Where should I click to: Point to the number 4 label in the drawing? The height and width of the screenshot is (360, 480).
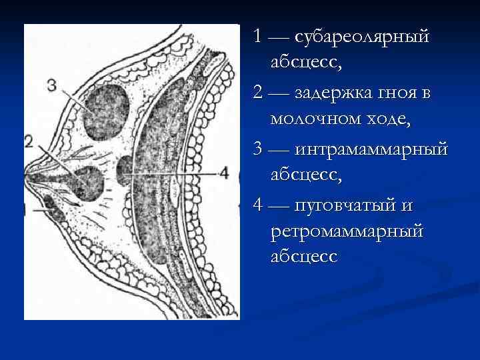224,173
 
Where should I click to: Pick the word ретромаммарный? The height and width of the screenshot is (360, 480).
347,231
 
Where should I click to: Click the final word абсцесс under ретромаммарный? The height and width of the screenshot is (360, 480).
304,257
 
